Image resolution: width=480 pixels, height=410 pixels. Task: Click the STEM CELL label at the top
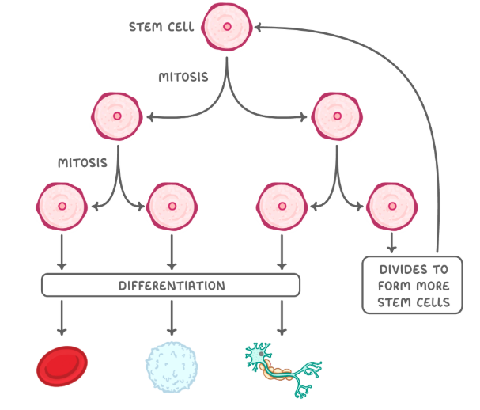click(161, 27)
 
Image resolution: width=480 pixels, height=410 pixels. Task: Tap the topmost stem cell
click(228, 27)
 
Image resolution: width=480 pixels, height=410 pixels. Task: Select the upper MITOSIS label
click(183, 78)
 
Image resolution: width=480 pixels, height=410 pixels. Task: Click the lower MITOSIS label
click(82, 163)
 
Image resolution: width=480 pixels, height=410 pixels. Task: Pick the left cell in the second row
click(118, 116)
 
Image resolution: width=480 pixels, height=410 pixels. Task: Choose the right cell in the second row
click(338, 116)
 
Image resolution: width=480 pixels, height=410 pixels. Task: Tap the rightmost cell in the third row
click(392, 206)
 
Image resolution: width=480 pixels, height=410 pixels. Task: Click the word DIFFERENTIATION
click(171, 285)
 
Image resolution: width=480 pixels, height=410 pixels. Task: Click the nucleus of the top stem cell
click(228, 27)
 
